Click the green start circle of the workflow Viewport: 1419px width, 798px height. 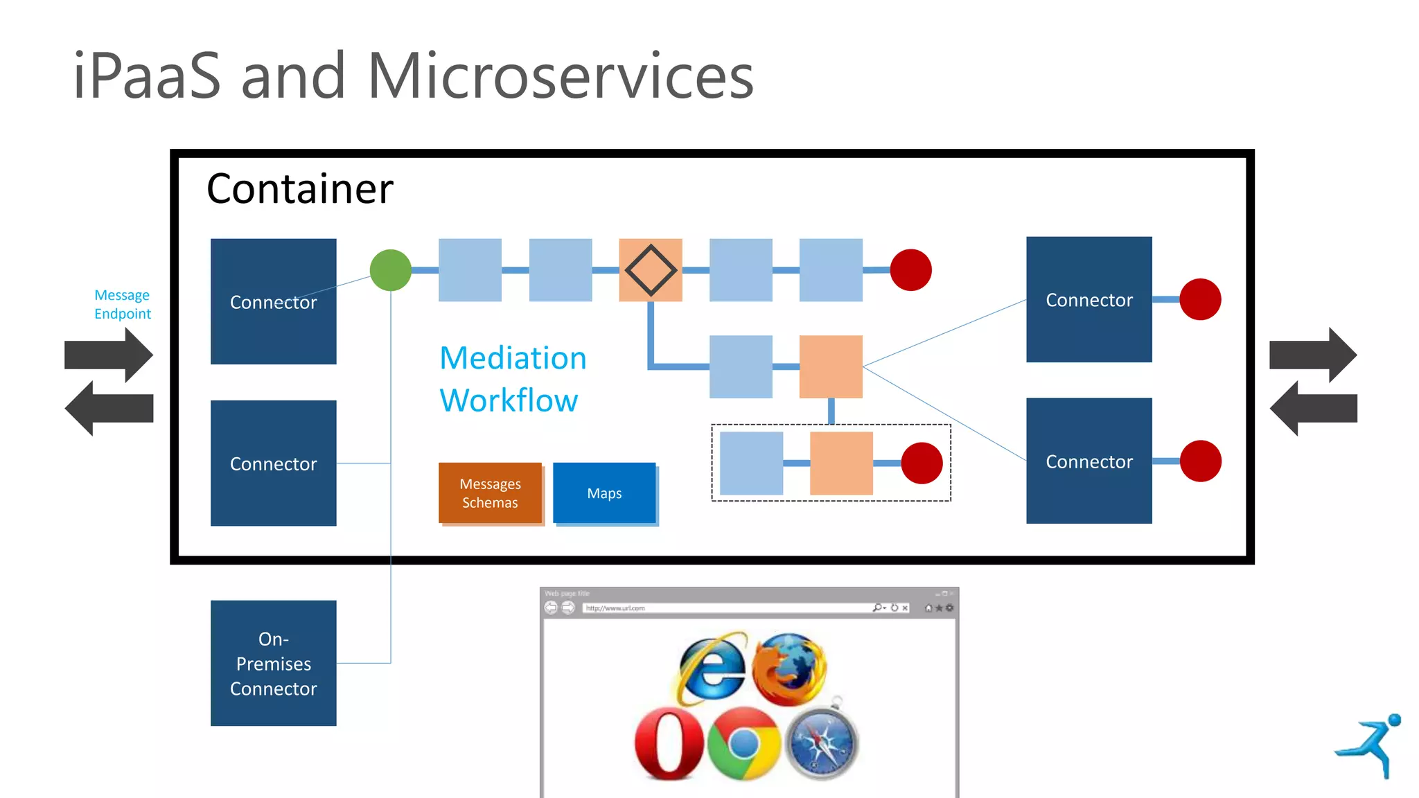[391, 270]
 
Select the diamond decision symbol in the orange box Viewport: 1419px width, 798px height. [651, 270]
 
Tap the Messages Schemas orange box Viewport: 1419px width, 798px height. [490, 493]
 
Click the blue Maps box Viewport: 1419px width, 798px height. [604, 493]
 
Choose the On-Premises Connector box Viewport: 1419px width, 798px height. [274, 663]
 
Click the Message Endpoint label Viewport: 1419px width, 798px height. [123, 304]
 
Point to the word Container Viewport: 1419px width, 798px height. [300, 188]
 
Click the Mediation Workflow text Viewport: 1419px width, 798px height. [513, 379]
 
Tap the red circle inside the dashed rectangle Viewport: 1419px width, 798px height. [922, 463]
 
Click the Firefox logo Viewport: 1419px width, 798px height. [789, 668]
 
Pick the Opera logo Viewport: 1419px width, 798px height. [669, 743]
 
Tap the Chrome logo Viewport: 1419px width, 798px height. [744, 744]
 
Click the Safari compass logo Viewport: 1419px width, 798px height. [822, 744]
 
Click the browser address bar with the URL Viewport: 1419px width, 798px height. [728, 608]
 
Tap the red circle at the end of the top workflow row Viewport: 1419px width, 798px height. [910, 270]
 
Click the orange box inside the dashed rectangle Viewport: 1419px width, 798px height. [841, 463]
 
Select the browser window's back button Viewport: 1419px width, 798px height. [552, 608]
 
